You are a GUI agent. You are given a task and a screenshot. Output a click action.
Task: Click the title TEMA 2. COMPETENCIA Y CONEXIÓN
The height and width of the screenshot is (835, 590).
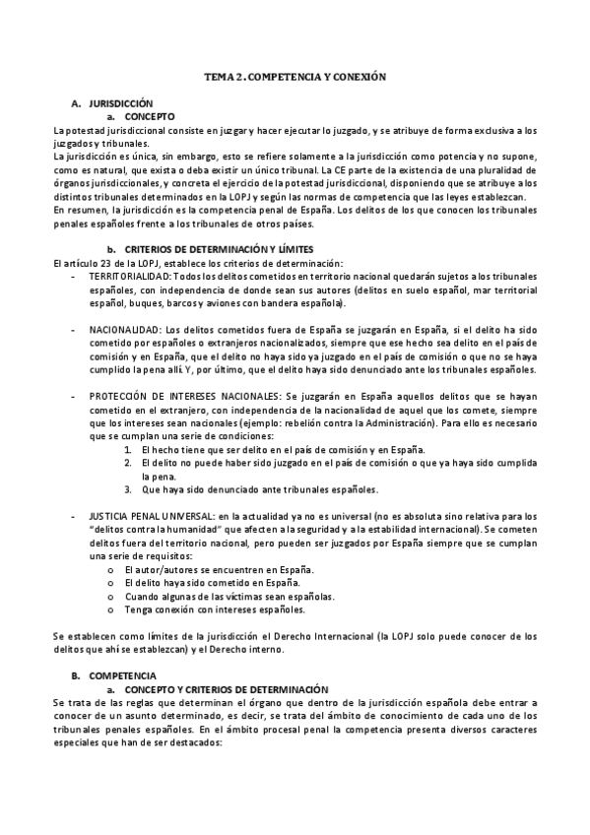[x=295, y=75]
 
